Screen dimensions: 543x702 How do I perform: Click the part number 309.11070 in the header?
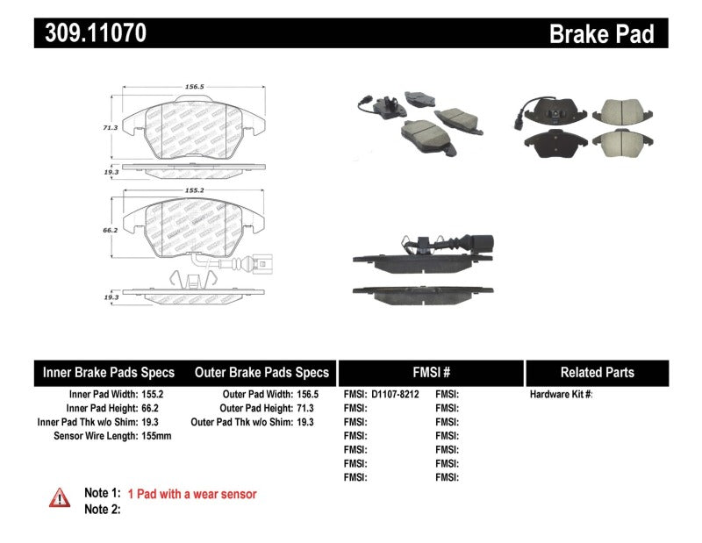91,33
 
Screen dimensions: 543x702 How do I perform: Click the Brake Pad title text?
601,34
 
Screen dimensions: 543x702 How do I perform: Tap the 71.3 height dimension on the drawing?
110,127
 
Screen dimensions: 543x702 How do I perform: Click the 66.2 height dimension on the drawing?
110,230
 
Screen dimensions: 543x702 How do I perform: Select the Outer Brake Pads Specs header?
261,372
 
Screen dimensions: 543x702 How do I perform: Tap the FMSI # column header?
431,372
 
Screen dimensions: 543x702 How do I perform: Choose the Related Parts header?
597,372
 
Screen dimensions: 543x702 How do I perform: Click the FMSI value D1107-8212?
396,395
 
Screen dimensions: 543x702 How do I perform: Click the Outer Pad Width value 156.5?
306,395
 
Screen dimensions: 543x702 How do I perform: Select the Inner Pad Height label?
102,408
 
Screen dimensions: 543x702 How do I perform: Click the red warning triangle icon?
59,497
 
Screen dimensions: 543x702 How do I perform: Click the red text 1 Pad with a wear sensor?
192,495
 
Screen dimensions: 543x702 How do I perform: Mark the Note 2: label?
102,509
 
